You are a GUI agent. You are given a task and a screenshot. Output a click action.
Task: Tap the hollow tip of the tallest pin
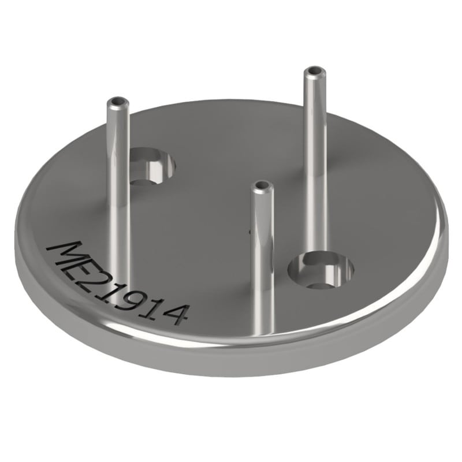[314, 72]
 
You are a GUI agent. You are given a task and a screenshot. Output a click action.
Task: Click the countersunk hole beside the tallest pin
[321, 270]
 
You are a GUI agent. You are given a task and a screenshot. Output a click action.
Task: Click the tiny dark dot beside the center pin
[249, 232]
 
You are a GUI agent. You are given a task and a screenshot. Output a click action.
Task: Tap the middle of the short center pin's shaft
[262, 260]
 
